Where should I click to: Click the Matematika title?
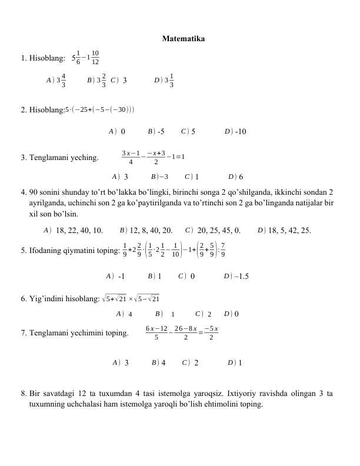pyautogui.click(x=183, y=39)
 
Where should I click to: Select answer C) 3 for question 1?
pyautogui.click(x=119, y=81)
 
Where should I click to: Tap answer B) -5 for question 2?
pyautogui.click(x=156, y=131)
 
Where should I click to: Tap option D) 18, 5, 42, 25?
pyautogui.click(x=285, y=230)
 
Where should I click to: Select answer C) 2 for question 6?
pyautogui.click(x=203, y=314)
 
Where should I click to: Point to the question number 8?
pyautogui.click(x=23, y=393)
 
